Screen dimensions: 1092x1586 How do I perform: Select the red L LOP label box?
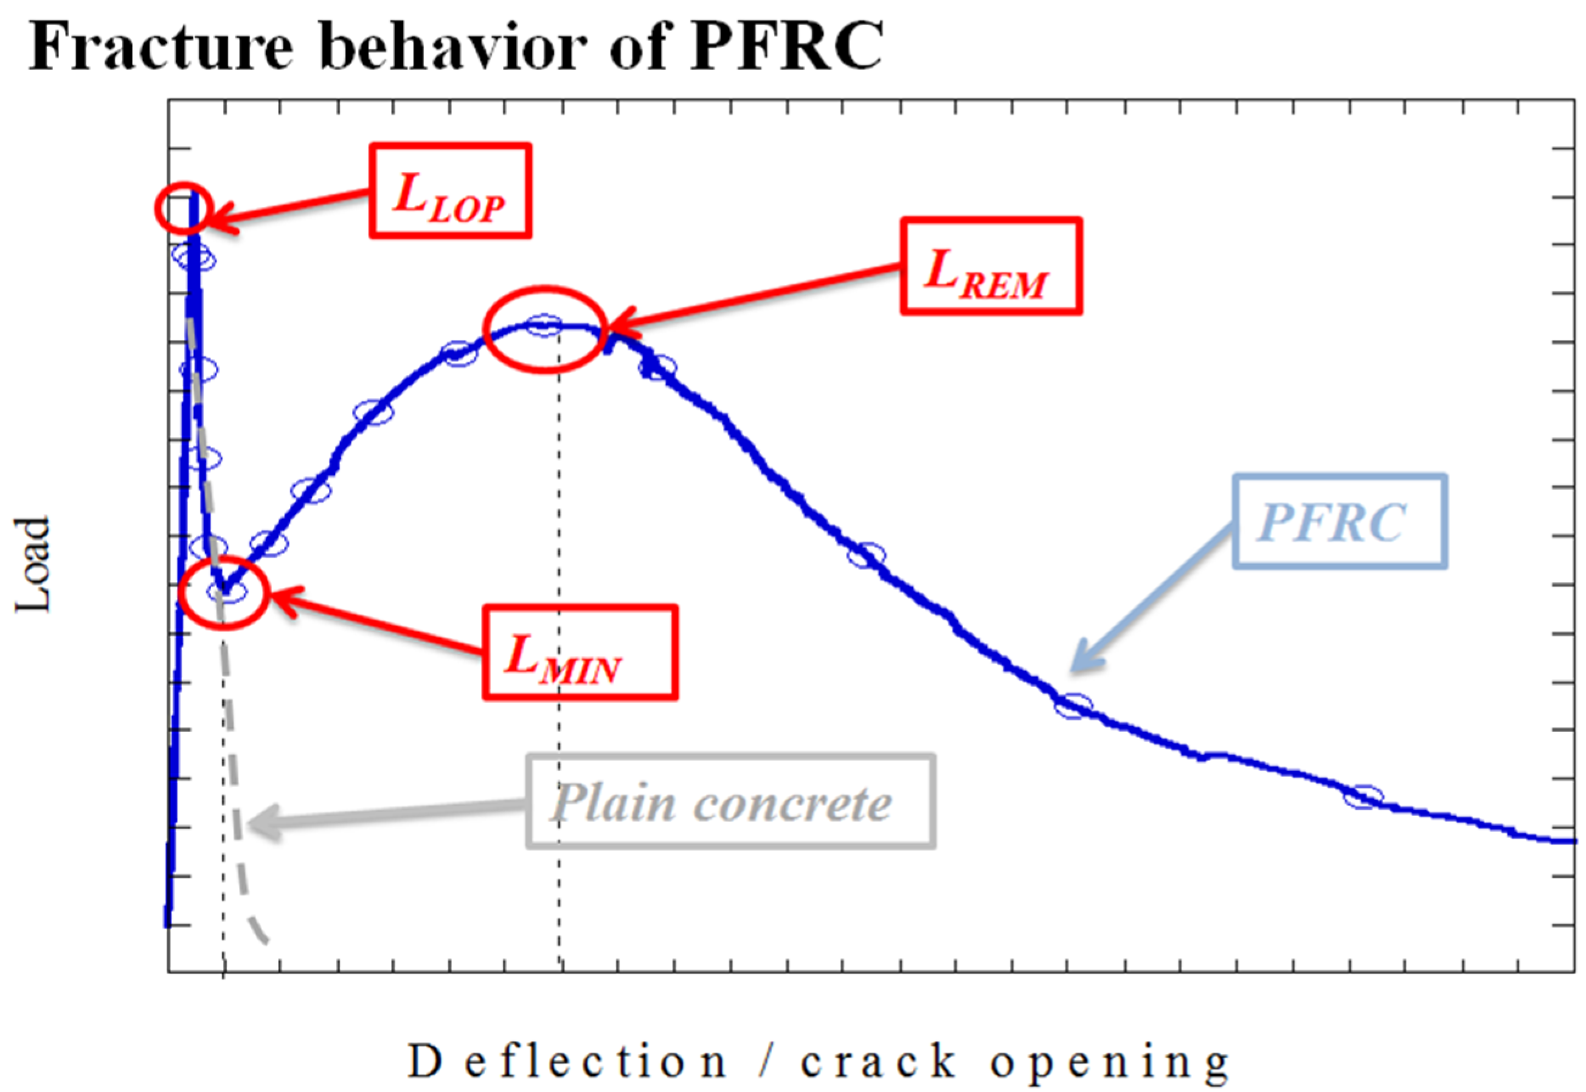tap(450, 191)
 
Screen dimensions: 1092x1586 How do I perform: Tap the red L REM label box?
tap(990, 266)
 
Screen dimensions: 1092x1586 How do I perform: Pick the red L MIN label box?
tap(580, 652)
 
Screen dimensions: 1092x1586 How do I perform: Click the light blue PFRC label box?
tap(1340, 522)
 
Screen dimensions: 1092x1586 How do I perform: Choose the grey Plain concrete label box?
tap(730, 801)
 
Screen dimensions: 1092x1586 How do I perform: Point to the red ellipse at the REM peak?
tap(545, 329)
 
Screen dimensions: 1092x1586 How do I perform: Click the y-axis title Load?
tap(32, 564)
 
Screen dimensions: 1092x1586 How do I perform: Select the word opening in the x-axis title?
tap(1109, 1063)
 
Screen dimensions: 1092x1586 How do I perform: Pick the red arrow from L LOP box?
tap(287, 209)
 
